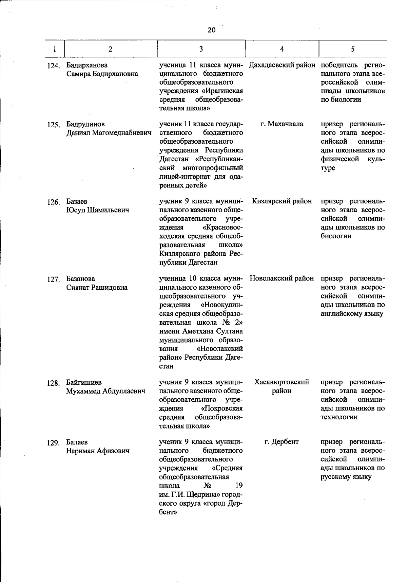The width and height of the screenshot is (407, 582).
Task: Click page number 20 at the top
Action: point(211,30)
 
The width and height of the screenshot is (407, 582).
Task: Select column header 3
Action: point(201,49)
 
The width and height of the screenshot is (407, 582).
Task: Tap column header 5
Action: point(353,49)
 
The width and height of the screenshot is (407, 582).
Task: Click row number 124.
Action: point(53,66)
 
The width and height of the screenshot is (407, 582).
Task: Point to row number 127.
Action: point(53,279)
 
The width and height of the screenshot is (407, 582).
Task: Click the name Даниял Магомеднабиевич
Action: point(109,133)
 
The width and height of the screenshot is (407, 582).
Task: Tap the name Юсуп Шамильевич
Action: point(98,210)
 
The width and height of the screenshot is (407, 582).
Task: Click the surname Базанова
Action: point(81,279)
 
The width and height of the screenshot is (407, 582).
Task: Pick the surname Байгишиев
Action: point(84,382)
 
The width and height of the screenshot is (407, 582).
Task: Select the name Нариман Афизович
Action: point(98,451)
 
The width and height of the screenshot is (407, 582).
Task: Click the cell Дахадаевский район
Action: point(282,65)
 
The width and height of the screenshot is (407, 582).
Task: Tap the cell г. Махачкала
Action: point(282,124)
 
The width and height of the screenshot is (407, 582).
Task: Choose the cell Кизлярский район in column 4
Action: point(282,201)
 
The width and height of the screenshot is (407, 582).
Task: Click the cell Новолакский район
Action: point(282,278)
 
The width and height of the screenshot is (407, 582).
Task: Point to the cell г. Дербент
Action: point(282,442)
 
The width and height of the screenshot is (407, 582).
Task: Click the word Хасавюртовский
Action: point(282,382)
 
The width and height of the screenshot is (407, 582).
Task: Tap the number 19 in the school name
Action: point(238,486)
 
